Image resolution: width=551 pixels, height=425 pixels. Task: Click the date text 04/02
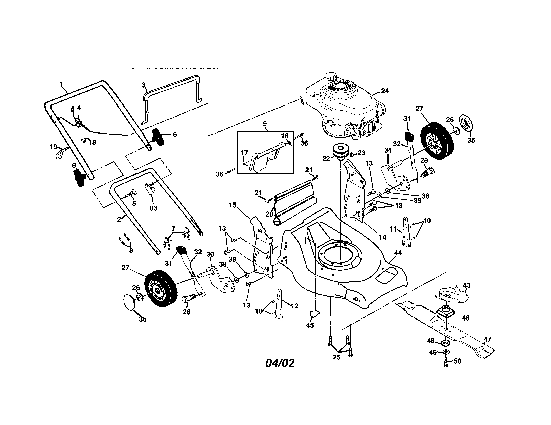tap(280, 363)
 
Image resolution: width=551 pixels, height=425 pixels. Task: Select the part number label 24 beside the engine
tap(385, 91)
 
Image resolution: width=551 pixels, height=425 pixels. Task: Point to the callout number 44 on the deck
tap(398, 253)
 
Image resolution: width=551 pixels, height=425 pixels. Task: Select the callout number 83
tap(153, 208)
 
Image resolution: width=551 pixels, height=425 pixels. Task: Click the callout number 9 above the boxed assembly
tap(265, 124)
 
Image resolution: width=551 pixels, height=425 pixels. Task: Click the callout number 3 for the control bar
tap(143, 85)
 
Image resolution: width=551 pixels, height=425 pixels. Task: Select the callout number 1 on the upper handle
tap(61, 84)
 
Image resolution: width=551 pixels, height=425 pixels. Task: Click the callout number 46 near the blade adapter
tap(466, 318)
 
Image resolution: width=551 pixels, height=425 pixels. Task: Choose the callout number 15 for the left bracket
tap(232, 205)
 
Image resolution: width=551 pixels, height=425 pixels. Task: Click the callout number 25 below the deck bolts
tap(336, 357)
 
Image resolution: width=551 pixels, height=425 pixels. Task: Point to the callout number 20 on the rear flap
tap(269, 214)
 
